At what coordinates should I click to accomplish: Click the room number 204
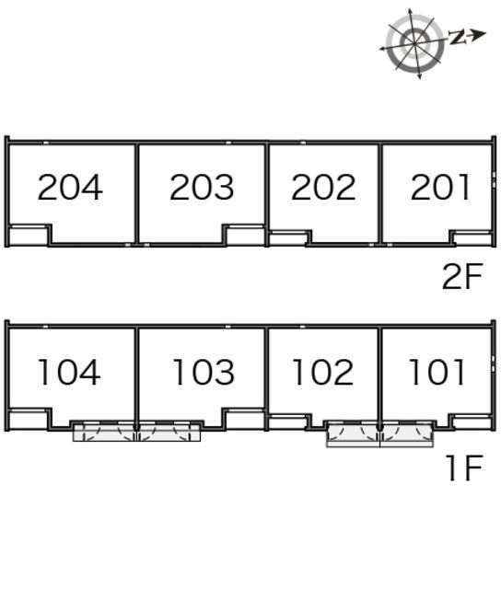pyautogui.click(x=70, y=187)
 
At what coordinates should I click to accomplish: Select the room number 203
pyautogui.click(x=202, y=187)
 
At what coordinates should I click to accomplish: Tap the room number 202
pyautogui.click(x=323, y=187)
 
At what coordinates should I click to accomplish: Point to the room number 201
pyautogui.click(x=440, y=187)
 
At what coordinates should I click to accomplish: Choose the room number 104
pyautogui.click(x=69, y=372)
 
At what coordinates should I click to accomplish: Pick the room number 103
pyautogui.click(x=204, y=372)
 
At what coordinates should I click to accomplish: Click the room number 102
pyautogui.click(x=323, y=372)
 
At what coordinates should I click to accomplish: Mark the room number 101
pyautogui.click(x=437, y=372)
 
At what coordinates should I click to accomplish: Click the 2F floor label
pyautogui.click(x=462, y=276)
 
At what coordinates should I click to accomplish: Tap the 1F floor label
pyautogui.click(x=465, y=468)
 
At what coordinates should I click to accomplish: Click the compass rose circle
pyautogui.click(x=414, y=43)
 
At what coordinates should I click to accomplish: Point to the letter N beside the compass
pyautogui.click(x=457, y=37)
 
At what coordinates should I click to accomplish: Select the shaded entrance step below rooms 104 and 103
pyautogui.click(x=137, y=432)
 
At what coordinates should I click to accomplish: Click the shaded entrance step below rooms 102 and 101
pyautogui.click(x=380, y=434)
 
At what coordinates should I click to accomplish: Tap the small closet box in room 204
pyautogui.click(x=29, y=236)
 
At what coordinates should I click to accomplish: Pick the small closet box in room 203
pyautogui.click(x=245, y=236)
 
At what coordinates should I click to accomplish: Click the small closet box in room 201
pyautogui.click(x=472, y=238)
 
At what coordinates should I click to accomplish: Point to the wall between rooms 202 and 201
pyautogui.click(x=380, y=193)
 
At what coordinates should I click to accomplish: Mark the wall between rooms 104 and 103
pyautogui.click(x=137, y=377)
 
